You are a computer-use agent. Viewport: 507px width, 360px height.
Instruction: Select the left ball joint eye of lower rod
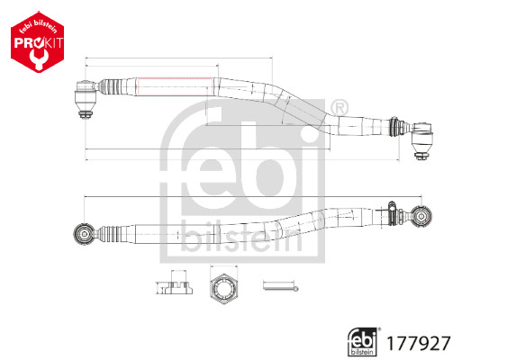coord(82,233)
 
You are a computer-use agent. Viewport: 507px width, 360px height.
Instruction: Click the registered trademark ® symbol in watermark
coord(338,109)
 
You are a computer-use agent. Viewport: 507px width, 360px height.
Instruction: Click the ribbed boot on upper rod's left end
coord(111,88)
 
